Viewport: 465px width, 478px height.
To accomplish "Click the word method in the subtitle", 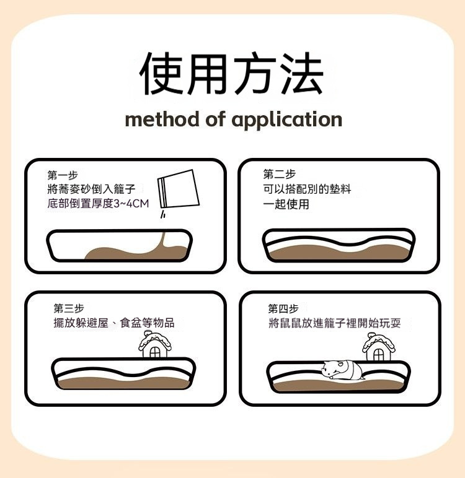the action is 162,119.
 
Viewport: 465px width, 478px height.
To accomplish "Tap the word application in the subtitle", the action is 286,120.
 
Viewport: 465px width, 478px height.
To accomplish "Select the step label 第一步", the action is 63,175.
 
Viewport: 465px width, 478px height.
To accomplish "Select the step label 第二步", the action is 280,174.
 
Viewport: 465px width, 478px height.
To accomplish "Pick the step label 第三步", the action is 69,308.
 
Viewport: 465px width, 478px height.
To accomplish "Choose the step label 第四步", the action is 283,308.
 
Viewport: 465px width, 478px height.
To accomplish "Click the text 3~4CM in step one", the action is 131,203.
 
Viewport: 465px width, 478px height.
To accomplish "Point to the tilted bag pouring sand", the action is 179,189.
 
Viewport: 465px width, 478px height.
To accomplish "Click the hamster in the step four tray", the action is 342,370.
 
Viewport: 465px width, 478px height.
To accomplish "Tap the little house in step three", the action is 155,345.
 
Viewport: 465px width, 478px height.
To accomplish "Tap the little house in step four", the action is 379,347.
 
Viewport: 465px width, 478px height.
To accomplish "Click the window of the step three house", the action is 155,352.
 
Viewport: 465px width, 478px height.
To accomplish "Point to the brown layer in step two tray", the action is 340,253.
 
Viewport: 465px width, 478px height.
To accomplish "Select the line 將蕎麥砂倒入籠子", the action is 91,189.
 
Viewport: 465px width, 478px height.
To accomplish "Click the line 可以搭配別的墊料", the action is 307,189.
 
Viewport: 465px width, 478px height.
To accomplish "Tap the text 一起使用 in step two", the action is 286,204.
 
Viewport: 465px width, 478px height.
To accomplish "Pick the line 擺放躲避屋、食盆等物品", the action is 114,323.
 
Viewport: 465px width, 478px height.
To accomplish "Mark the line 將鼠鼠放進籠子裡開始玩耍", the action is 335,323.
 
